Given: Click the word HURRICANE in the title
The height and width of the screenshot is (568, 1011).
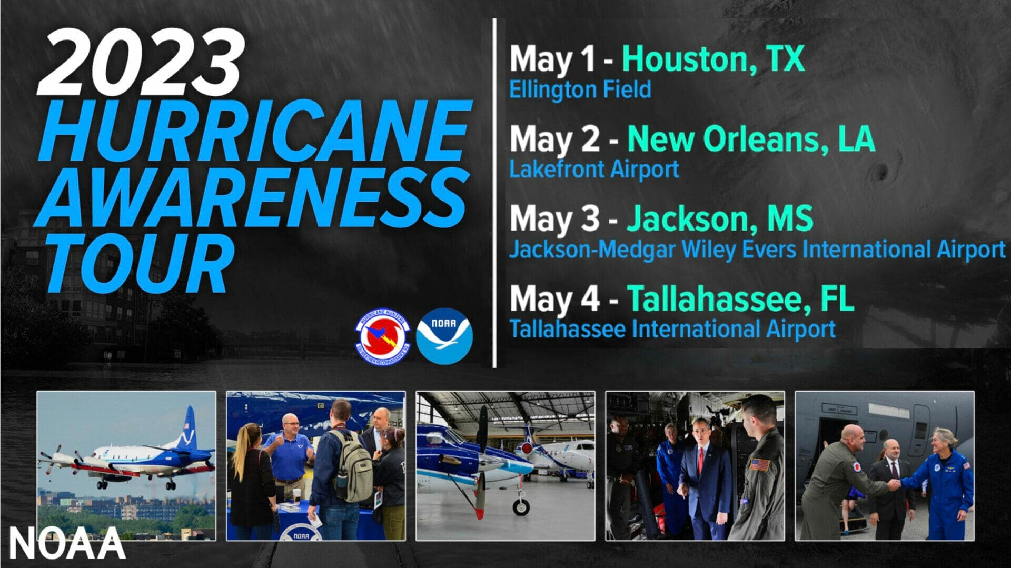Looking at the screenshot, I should coord(253,132).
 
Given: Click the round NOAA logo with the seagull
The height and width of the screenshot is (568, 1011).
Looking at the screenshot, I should coord(444,336).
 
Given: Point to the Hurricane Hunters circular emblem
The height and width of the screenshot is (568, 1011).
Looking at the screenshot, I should coord(383,336).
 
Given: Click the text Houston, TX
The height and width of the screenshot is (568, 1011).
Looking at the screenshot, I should coord(713,59).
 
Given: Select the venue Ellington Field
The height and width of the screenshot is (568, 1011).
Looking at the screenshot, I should coord(580,89).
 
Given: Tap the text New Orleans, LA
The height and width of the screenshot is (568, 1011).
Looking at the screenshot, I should coord(750,139).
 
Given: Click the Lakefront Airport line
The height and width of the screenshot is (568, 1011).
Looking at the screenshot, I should coord(594,170).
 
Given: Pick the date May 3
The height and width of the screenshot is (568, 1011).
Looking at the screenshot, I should coord(554,219).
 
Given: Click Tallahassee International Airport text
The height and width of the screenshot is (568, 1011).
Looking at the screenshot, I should coord(672,330).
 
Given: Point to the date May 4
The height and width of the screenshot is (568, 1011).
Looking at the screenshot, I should coord(554,299).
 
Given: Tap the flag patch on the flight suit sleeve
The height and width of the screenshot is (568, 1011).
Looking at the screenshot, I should coord(759,465).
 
